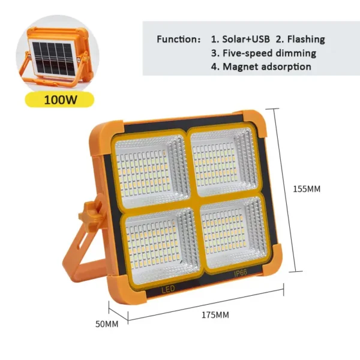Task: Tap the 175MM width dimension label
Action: [x=215, y=315]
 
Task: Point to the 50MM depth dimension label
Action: [x=107, y=324]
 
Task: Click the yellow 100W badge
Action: [x=59, y=98]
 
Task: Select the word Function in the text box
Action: [x=179, y=40]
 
